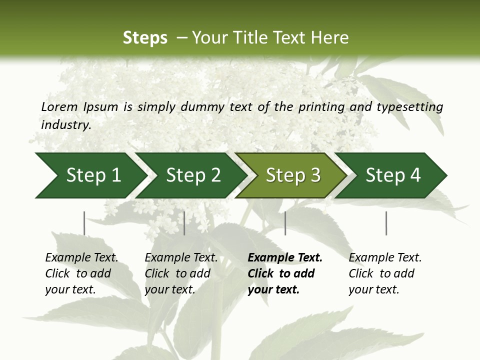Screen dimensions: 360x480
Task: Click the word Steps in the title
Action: click(145, 38)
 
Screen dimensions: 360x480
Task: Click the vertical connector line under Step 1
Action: click(84, 223)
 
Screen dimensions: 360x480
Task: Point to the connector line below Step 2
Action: click(184, 223)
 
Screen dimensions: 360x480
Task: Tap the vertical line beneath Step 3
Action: click(285, 223)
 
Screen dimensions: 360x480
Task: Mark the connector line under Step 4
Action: click(386, 223)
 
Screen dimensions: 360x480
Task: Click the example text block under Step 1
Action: click(81, 273)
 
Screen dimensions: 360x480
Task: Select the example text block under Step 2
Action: click(181, 273)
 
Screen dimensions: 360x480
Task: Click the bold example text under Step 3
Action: click(285, 273)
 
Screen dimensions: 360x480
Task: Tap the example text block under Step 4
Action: click(385, 273)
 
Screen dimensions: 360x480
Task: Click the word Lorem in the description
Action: click(59, 106)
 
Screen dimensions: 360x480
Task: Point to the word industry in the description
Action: click(66, 125)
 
